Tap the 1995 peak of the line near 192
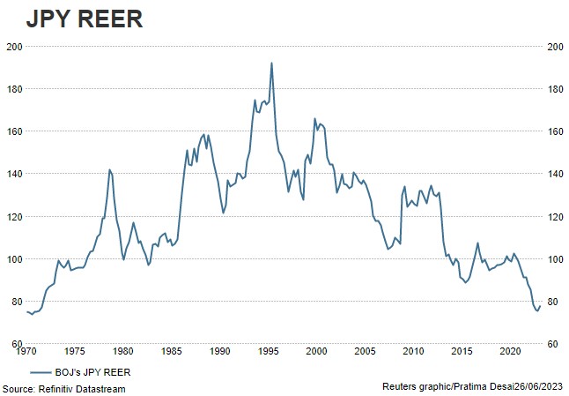click(x=271, y=63)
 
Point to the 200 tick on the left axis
click(x=14, y=47)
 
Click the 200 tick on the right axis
click(x=555, y=47)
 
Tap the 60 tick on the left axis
click(x=17, y=344)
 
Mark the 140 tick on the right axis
click(x=555, y=174)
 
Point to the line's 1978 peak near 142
click(x=109, y=169)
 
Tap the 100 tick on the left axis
click(x=14, y=259)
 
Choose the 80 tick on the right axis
click(x=552, y=302)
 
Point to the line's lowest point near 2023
click(x=536, y=310)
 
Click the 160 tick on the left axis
click(x=14, y=131)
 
